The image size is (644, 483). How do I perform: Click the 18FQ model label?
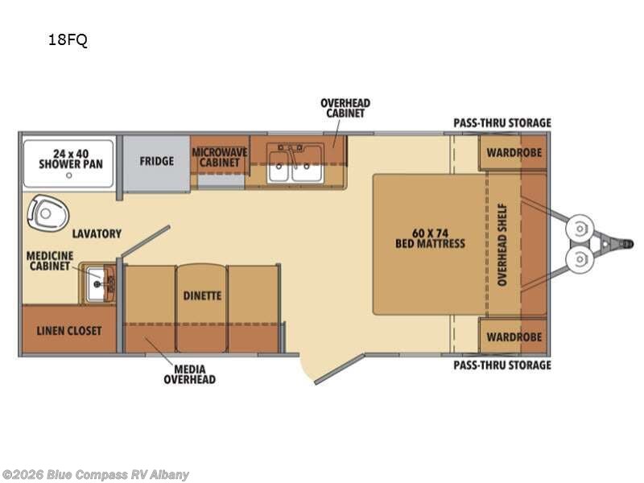point(68,39)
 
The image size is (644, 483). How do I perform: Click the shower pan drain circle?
point(69,175)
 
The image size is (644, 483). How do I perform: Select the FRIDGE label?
point(156,161)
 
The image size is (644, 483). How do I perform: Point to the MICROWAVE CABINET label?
point(220,157)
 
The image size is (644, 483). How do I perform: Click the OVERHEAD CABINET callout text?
point(345,108)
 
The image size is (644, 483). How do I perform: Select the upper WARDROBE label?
point(514,153)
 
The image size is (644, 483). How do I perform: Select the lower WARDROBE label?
point(514,337)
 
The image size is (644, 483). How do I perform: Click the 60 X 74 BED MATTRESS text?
point(430,238)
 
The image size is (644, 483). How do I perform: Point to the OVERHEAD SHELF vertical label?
point(502,245)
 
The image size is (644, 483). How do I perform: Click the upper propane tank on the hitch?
point(579,229)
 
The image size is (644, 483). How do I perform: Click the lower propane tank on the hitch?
point(579,259)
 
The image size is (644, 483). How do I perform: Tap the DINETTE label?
point(202,295)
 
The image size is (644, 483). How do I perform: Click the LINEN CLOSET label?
point(69,331)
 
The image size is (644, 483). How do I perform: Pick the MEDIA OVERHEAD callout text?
point(189,374)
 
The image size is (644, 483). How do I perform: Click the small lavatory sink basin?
point(97,283)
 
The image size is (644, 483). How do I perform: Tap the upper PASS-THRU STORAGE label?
point(502,123)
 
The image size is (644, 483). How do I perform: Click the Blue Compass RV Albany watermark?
point(95,475)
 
